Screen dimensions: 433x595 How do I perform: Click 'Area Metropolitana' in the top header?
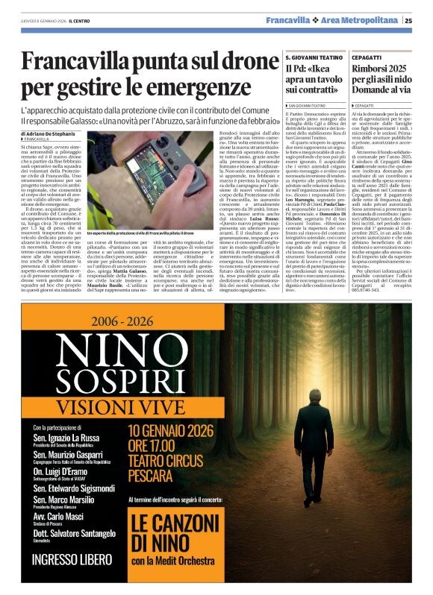pyautogui.click(x=364, y=21)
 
